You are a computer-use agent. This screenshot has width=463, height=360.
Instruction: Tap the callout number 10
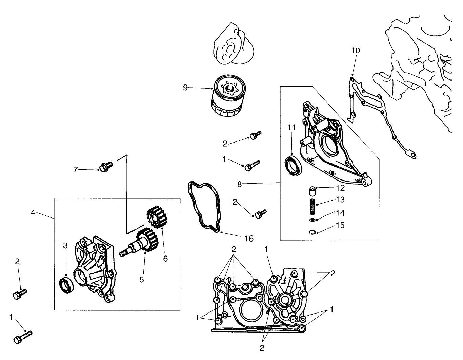pos(355,51)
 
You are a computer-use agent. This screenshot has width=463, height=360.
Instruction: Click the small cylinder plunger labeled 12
pos(312,191)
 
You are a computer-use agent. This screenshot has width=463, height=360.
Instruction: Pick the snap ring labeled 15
pos(313,232)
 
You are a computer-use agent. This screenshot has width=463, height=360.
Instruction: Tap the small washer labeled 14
pos(312,220)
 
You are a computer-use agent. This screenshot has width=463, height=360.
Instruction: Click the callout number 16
pos(249,239)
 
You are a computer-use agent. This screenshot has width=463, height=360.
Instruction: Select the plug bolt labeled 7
pos(105,166)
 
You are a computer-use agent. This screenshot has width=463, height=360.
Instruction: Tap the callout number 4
pos(33,213)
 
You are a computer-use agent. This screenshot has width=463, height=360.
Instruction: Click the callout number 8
pos(240,184)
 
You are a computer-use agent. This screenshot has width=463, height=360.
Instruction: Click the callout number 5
pos(142,280)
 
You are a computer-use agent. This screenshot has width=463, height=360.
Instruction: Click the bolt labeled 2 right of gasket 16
pos(261,213)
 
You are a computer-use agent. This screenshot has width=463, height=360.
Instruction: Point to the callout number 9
pos(185,88)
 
